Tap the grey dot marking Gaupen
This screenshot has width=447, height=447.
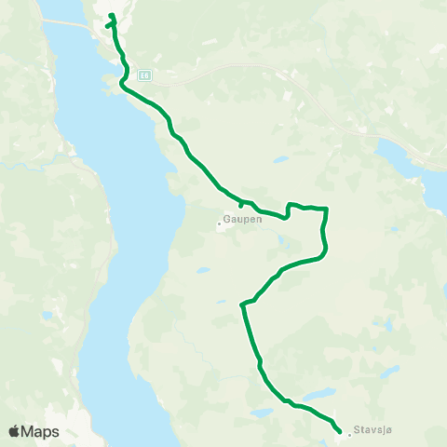pyautogui.click(x=219, y=223)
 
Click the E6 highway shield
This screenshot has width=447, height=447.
pyautogui.click(x=144, y=74)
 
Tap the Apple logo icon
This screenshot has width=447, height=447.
pyautogui.click(x=14, y=431)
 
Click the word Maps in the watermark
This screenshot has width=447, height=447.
pyautogui.click(x=41, y=431)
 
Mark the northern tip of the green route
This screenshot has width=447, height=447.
pyautogui.click(x=112, y=14)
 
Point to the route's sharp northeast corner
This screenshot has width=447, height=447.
pyautogui.click(x=327, y=209)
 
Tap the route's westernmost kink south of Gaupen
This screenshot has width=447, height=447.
pyautogui.click(x=242, y=304)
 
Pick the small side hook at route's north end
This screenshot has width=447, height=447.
pyautogui.click(x=107, y=26)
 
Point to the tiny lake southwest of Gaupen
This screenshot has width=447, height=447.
pyautogui.click(x=202, y=271)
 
